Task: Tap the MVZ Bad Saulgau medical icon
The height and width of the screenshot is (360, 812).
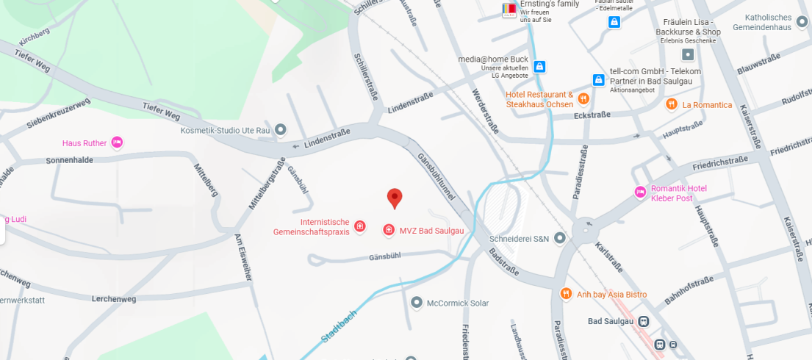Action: coord(389,231)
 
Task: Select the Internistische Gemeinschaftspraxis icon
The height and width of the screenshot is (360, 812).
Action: coord(360,227)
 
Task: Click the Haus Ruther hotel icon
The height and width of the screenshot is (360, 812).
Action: coord(117,143)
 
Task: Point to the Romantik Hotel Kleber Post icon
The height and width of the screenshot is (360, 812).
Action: coord(640,192)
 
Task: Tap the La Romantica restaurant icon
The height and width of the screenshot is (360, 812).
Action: coord(671,104)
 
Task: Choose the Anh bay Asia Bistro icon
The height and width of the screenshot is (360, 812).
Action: coord(566,294)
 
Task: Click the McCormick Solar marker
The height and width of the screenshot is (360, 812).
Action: coord(417,303)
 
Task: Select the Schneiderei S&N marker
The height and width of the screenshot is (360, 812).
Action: coord(560,238)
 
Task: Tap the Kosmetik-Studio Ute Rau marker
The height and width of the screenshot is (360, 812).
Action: coord(281,130)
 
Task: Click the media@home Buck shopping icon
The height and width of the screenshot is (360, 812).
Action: coord(539,67)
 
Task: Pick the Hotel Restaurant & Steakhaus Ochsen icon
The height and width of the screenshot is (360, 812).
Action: coord(583,98)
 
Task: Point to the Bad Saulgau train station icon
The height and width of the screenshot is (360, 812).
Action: coord(644,321)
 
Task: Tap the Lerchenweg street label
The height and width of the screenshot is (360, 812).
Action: coord(114,299)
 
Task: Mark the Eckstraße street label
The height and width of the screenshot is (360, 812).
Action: coord(593,115)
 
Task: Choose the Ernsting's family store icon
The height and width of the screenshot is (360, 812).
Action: coord(509,10)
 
